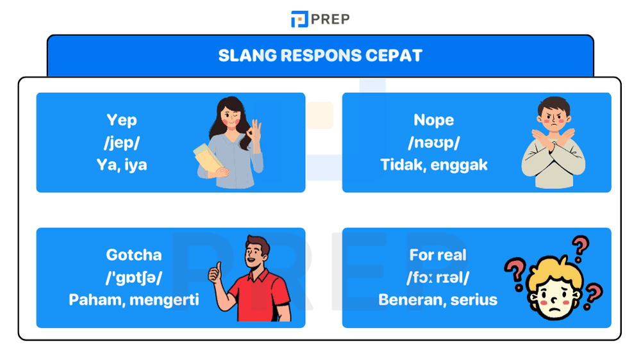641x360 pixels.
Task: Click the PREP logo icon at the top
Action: tap(299, 19)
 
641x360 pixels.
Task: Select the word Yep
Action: tap(122, 120)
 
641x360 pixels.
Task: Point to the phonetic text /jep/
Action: tap(122, 142)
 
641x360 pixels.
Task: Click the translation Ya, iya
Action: tap(122, 165)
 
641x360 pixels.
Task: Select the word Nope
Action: tap(434, 120)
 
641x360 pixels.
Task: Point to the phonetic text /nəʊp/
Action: tap(434, 142)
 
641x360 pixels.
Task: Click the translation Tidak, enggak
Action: tap(434, 165)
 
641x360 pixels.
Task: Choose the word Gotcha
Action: tap(134, 254)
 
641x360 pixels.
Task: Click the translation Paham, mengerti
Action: tap(134, 299)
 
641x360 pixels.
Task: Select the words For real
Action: tap(438, 254)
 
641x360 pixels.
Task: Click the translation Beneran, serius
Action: tap(438, 299)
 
